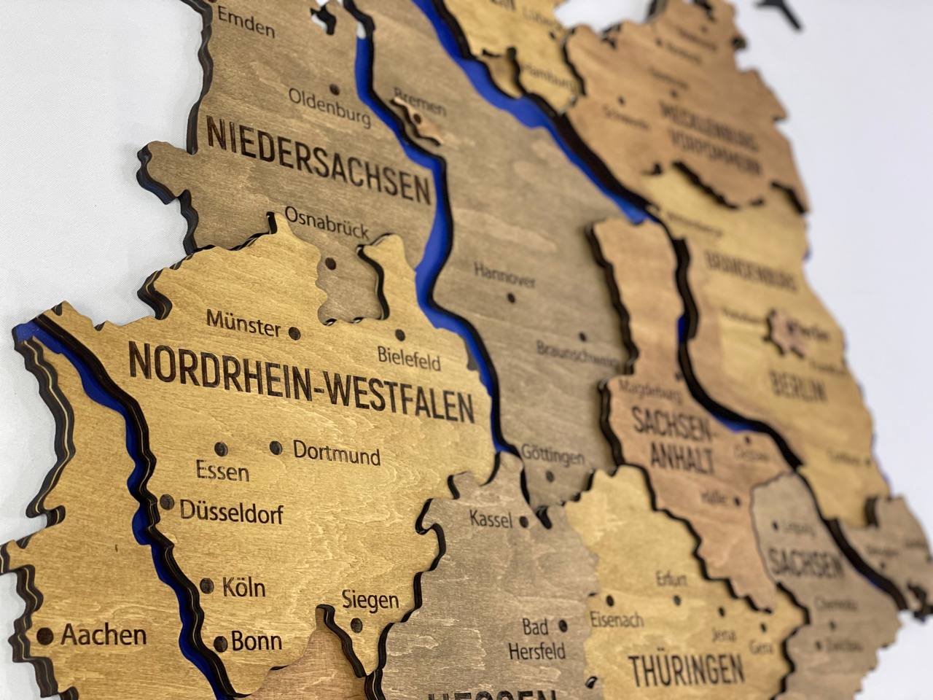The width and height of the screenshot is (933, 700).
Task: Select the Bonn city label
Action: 257,642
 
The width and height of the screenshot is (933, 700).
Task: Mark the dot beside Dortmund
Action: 276,448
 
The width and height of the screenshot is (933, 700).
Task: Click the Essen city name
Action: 222,472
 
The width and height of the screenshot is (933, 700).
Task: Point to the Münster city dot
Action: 294,332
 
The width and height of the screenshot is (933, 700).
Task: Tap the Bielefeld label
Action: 409,357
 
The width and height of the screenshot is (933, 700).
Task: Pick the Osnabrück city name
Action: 326,222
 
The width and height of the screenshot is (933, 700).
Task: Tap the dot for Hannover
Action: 512,297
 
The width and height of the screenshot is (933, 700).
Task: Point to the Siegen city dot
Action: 356,625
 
